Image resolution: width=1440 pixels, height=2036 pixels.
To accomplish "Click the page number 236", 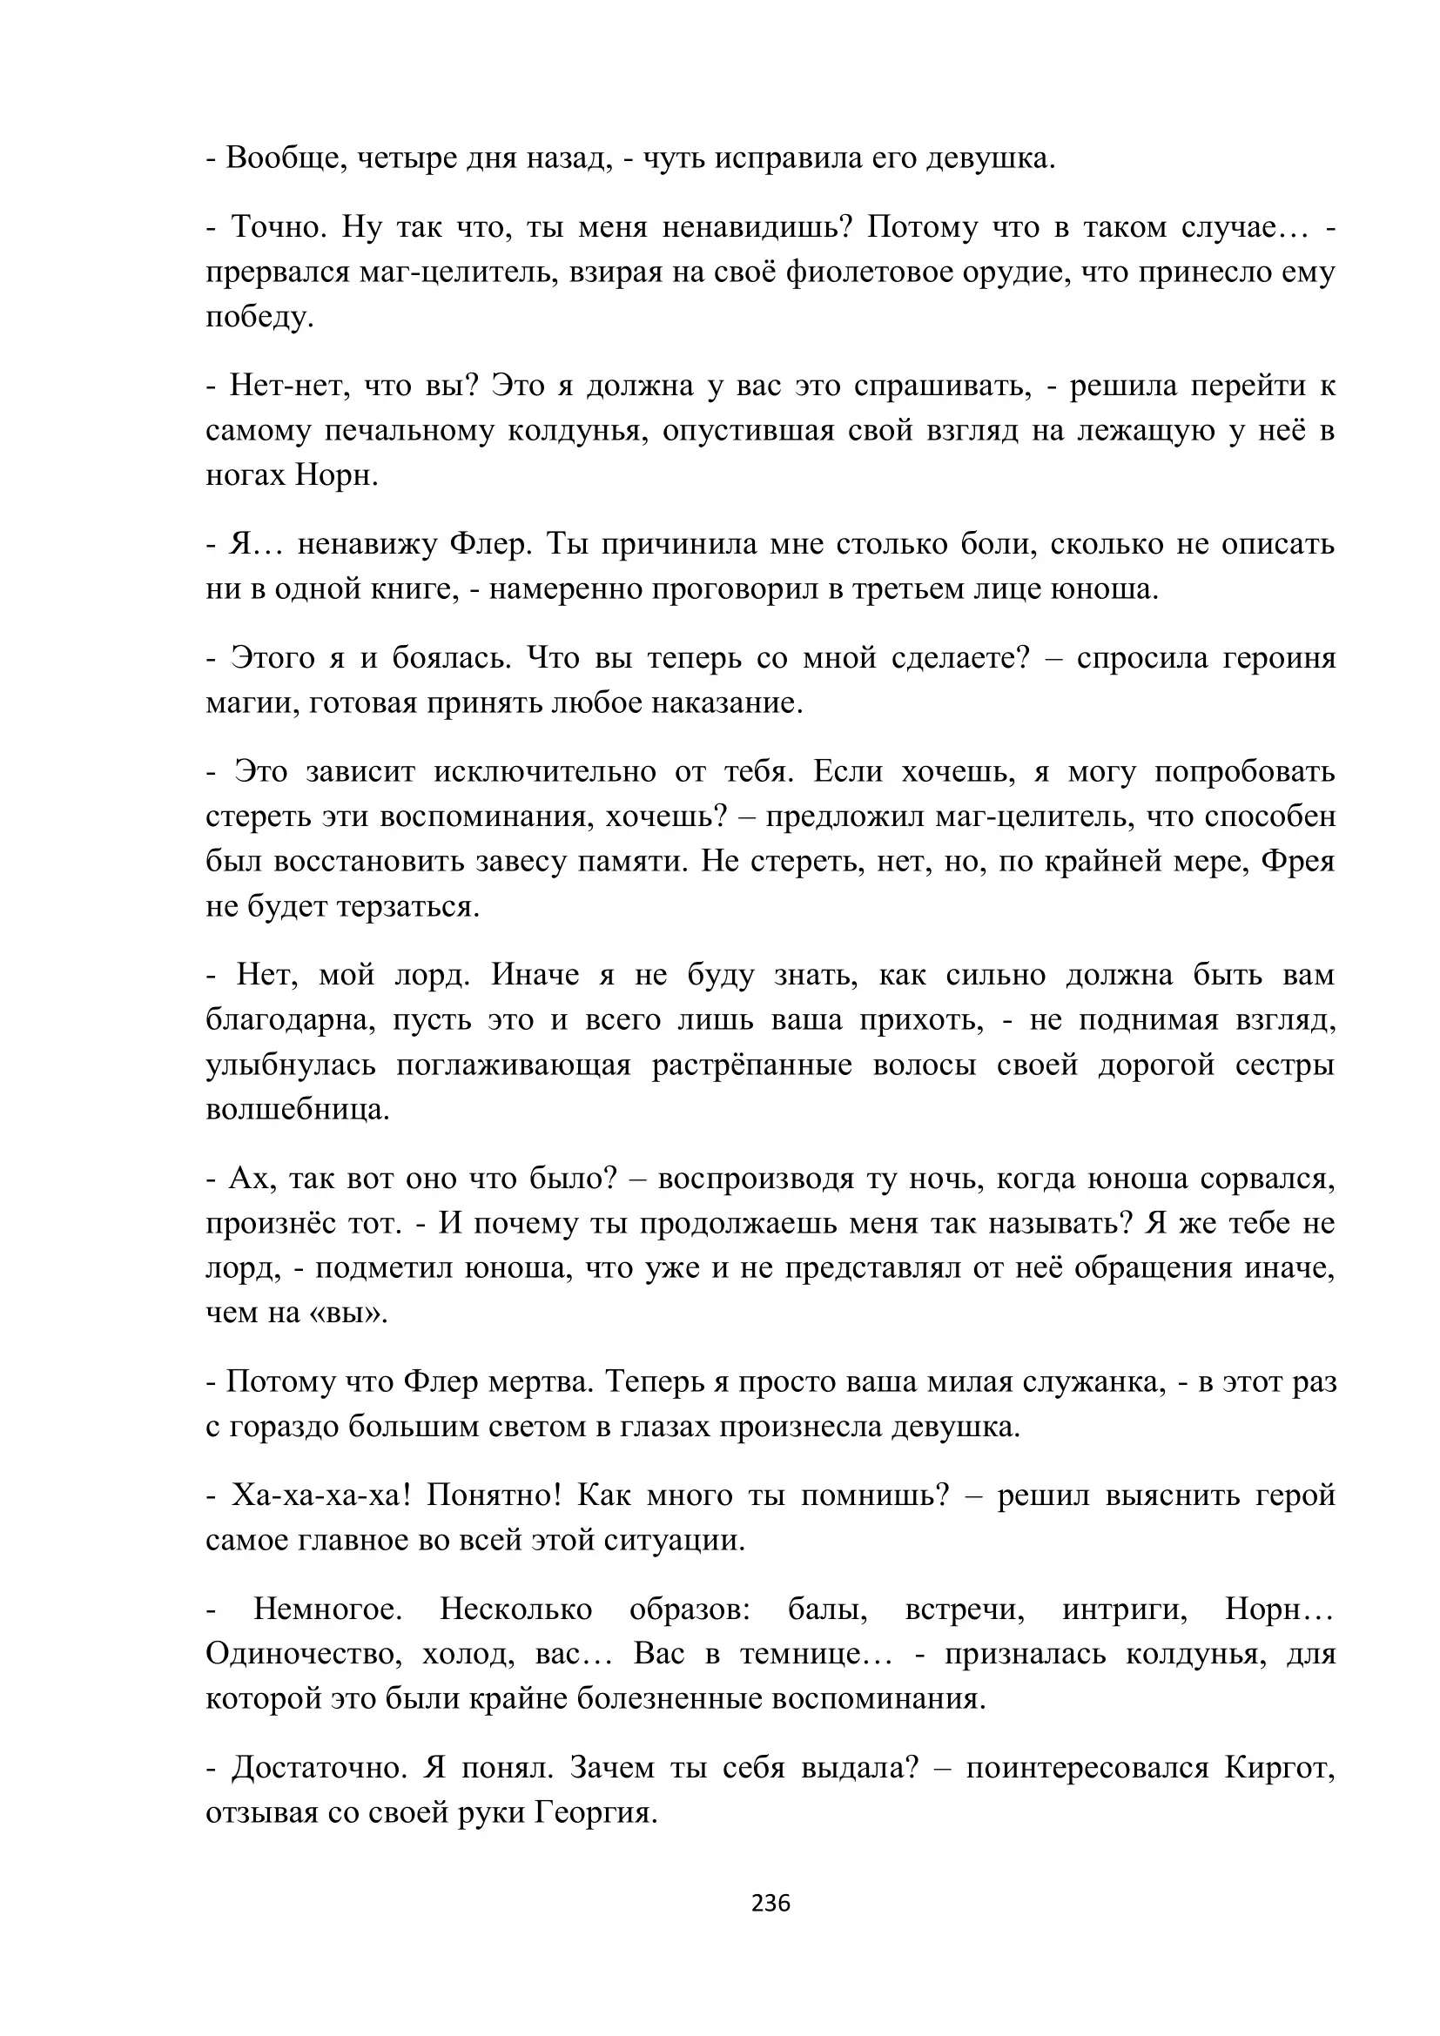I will point(770,1903).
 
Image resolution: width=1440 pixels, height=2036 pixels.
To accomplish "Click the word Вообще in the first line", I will point(283,158).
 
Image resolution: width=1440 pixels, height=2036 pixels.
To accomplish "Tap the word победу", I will point(259,318).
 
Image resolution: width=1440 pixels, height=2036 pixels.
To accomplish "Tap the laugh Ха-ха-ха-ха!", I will point(320,1496).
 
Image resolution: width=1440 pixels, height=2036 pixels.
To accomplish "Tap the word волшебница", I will point(297,1110).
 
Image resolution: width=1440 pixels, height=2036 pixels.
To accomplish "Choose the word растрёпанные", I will point(752,1065).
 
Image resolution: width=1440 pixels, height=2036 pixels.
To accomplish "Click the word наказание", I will point(726,703).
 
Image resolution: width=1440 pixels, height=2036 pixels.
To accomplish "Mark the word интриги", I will point(1124,1609).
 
